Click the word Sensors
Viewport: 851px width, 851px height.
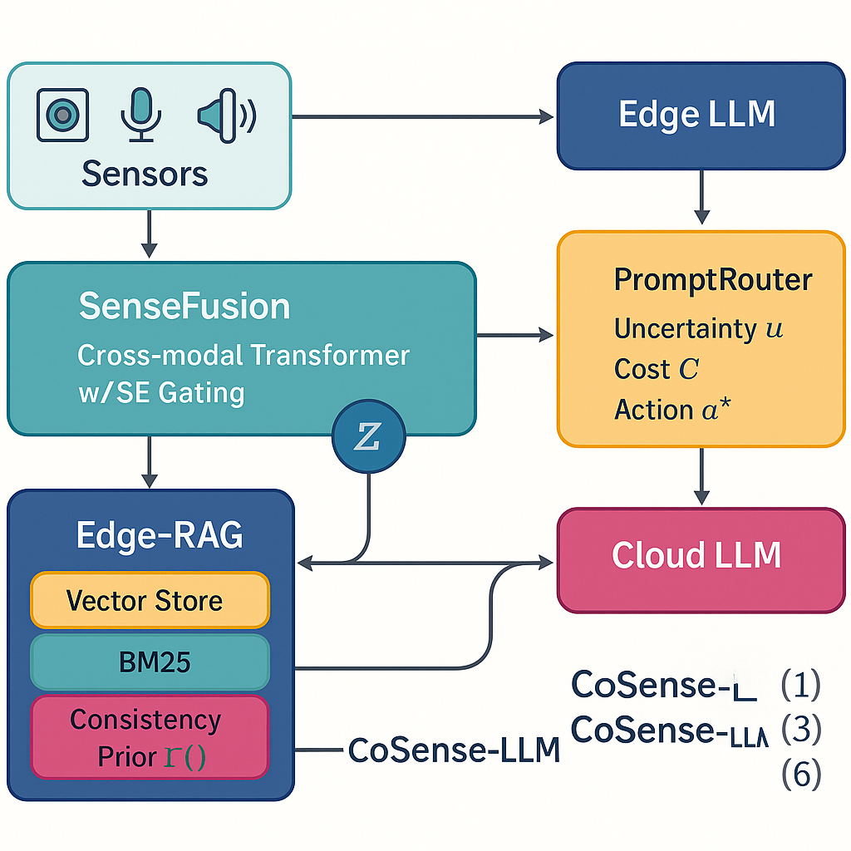pos(145,174)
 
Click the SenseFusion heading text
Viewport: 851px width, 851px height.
pos(184,307)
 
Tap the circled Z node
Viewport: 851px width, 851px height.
pos(367,438)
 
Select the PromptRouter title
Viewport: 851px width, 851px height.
pos(712,280)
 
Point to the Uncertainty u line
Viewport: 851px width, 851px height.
pos(698,328)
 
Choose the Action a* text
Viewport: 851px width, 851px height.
pos(666,409)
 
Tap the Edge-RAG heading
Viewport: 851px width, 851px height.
pos(160,535)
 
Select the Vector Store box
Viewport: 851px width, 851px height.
pos(150,600)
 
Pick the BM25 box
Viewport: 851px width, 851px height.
pos(150,662)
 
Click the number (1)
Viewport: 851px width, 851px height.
pos(801,685)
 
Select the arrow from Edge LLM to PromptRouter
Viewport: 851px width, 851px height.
pos(702,198)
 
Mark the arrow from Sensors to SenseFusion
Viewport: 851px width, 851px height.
pos(150,234)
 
